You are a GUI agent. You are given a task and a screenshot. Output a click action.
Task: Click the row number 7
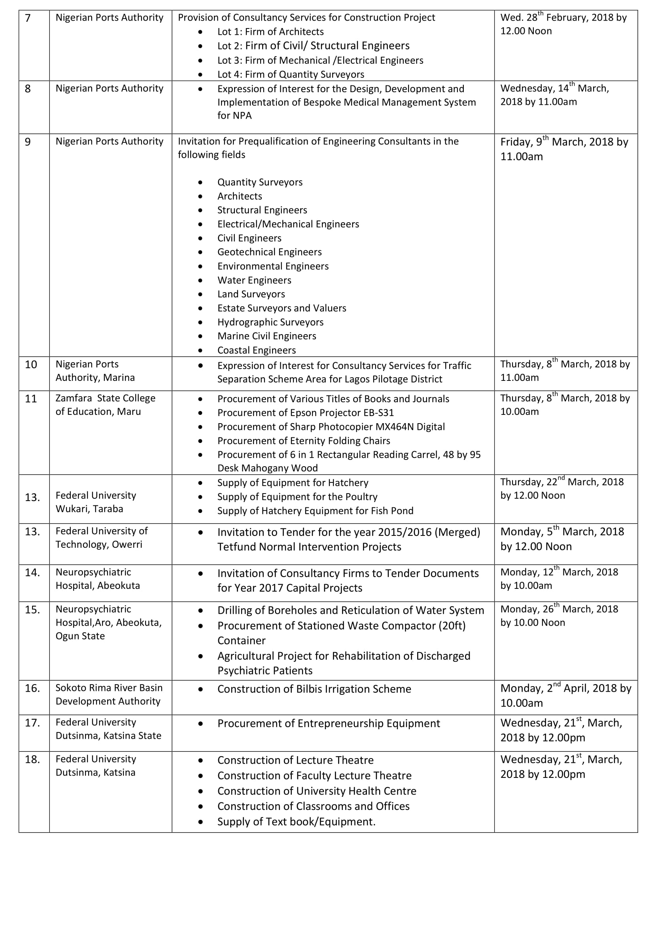[x=28, y=18]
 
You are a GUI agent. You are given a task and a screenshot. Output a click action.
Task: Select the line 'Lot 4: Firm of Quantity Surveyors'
[x=290, y=74]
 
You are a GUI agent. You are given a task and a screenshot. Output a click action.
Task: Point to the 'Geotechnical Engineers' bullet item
[x=269, y=252]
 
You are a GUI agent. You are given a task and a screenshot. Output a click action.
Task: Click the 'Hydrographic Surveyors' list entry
[x=270, y=322]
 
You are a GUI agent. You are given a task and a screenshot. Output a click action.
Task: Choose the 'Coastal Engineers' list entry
[x=257, y=350]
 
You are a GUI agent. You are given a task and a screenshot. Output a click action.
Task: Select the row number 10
[x=31, y=365]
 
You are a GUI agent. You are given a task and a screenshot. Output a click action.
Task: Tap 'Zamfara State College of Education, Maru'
[x=105, y=405]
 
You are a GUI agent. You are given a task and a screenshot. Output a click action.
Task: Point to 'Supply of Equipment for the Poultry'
[x=297, y=497]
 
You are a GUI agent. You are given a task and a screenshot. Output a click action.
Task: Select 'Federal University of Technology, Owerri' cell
[x=102, y=538]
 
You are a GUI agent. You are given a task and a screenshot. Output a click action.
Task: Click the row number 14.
[x=32, y=573]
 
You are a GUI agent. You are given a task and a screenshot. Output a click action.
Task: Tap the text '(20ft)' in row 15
[x=453, y=626]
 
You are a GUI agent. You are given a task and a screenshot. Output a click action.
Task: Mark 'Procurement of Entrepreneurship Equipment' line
[x=329, y=724]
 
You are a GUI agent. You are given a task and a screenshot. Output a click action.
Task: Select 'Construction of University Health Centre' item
[x=317, y=791]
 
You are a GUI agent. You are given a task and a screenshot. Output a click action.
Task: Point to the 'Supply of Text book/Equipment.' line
[x=297, y=822]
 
